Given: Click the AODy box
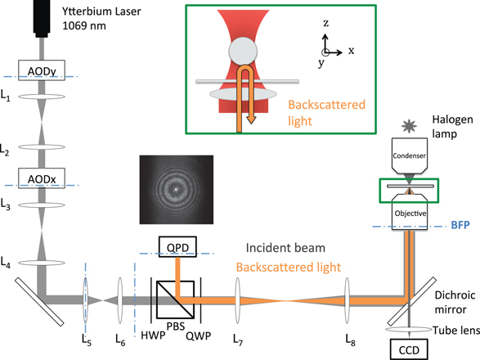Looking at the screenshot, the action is point(42,70).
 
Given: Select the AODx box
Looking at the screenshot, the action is point(42,178).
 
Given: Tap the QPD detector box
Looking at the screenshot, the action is point(177,246).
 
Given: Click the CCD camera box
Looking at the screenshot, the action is point(409,349).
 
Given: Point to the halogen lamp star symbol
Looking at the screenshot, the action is point(410,126).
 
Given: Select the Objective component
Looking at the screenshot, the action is point(410,212).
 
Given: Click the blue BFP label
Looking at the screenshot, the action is point(460,225).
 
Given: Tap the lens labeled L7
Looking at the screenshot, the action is point(238,300).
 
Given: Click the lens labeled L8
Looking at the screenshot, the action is point(347,300).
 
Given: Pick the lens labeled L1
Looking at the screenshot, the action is point(42,97).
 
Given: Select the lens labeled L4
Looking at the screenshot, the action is point(42,263).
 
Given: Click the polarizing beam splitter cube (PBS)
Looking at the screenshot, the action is point(176,299).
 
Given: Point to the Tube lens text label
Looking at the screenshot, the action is point(456,331).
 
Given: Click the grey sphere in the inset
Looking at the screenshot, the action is point(243,52).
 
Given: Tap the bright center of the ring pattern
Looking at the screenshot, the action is point(176,189).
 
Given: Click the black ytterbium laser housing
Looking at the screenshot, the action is point(42,18).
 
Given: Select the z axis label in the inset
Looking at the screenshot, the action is point(326,23).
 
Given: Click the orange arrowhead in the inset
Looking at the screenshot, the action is point(251,119).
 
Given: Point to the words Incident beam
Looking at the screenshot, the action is point(285,248).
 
